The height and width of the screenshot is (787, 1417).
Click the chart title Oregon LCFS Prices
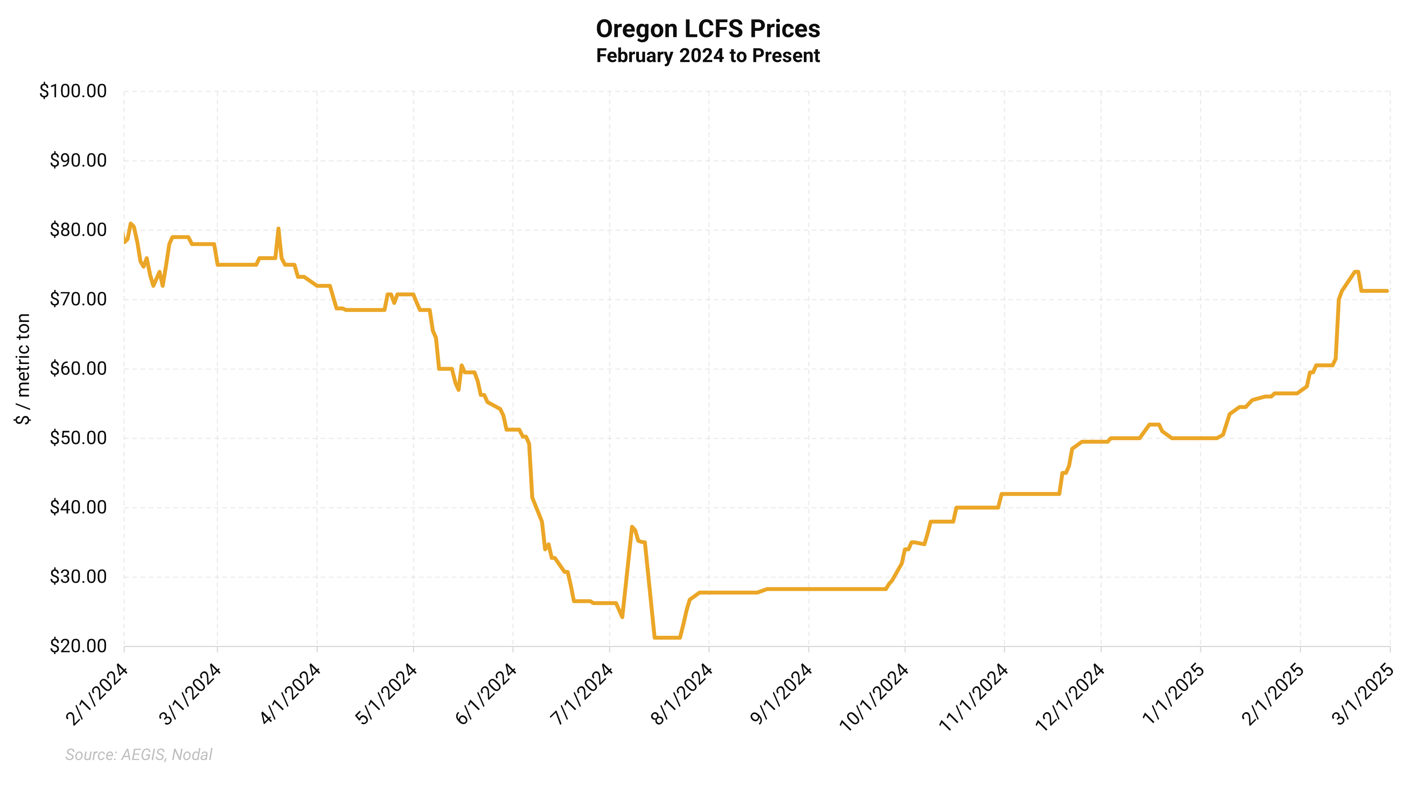(x=708, y=28)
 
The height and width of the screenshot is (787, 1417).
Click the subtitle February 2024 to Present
(x=708, y=56)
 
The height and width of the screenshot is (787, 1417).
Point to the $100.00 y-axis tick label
(x=73, y=91)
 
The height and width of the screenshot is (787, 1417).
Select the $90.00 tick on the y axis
(x=78, y=160)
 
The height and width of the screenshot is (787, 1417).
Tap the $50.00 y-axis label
(x=78, y=438)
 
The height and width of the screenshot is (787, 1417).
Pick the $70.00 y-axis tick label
(x=78, y=299)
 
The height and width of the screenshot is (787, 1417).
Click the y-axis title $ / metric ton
(x=23, y=368)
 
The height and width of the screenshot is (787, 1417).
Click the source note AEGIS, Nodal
(x=139, y=755)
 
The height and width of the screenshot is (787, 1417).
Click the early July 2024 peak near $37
(x=632, y=527)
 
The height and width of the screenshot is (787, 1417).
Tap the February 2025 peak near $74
(x=1357, y=272)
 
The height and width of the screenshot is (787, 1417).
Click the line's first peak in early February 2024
(x=130, y=223)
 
